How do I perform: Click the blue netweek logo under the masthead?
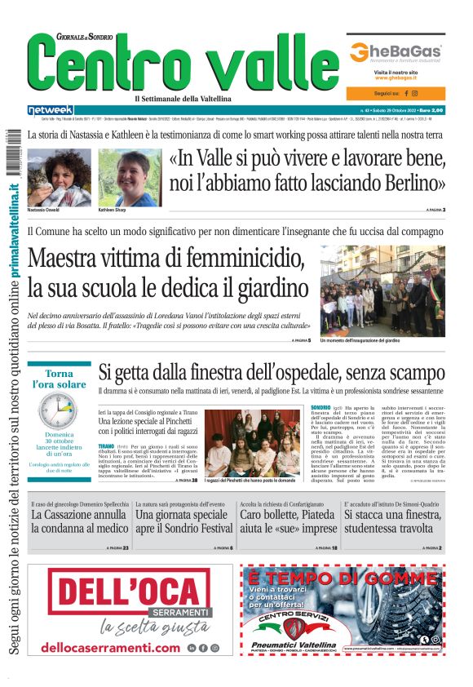50,110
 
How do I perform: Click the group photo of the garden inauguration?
382,291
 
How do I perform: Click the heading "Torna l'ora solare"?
59,379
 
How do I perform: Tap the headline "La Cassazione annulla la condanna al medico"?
79,522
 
